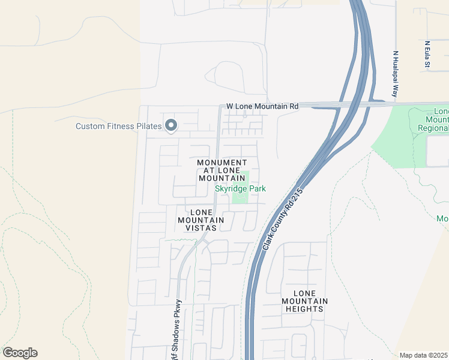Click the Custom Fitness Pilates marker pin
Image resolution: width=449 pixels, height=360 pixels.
coord(171,125)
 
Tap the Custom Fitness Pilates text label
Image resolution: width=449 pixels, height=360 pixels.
coord(119,126)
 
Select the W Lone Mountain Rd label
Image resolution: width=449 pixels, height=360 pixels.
coord(262,106)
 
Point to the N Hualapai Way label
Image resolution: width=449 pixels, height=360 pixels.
coord(396,74)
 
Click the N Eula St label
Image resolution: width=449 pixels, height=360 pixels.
coord(427,55)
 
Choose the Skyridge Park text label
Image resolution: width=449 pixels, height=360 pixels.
coord(240,189)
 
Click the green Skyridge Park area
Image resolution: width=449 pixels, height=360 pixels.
coord(241,196)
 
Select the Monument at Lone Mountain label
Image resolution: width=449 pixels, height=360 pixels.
coord(222,170)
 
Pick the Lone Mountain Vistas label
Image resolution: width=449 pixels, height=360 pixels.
coord(201,220)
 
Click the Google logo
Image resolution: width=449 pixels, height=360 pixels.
coord(20,353)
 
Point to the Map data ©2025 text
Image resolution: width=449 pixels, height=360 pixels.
coord(424,355)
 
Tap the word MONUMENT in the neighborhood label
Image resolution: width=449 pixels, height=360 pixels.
coord(222,163)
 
